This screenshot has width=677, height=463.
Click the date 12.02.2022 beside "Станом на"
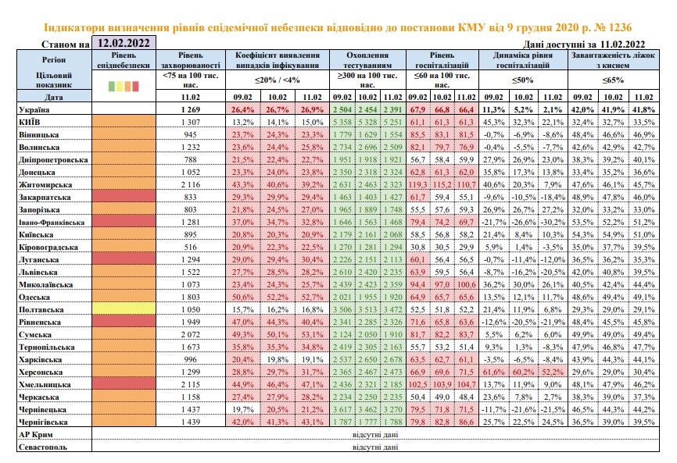[x=124, y=43]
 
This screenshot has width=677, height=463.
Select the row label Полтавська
[x=41, y=309]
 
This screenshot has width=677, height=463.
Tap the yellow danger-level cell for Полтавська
[x=124, y=308]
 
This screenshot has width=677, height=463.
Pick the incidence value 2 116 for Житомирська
[x=191, y=184]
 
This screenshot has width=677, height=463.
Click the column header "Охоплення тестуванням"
[x=367, y=60]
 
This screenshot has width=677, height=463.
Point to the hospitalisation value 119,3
[x=417, y=184]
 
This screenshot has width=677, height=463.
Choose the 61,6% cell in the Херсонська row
[x=493, y=372]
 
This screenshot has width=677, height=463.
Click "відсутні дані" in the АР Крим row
[x=375, y=435]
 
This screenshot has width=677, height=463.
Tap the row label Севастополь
[x=43, y=447]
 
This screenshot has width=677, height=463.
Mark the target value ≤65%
[x=613, y=80]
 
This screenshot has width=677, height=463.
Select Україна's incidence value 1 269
[x=191, y=109]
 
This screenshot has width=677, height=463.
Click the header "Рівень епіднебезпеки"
[x=124, y=60]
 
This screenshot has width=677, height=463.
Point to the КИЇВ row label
[x=30, y=122]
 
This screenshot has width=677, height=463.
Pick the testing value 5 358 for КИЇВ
[x=342, y=122]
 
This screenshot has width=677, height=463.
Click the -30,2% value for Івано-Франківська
[x=553, y=222]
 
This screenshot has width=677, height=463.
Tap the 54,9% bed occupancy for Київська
[x=613, y=234]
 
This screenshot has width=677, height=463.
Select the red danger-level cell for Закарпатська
[x=124, y=196]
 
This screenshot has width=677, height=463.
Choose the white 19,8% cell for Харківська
[x=278, y=359]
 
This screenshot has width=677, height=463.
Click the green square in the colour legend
[x=112, y=86]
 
